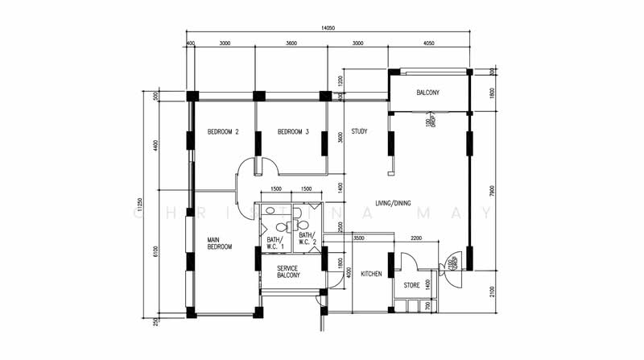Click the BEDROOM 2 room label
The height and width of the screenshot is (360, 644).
223,132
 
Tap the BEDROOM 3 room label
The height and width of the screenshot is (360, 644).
293,132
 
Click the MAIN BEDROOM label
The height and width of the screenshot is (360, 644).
219,243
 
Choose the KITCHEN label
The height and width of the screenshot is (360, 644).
371,275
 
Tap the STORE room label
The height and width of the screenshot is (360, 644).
411,284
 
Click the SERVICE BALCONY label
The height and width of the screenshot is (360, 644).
288,271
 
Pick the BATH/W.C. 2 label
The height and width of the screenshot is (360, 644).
307,238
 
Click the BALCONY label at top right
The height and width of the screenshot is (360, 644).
427,93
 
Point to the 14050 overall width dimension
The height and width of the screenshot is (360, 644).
328,28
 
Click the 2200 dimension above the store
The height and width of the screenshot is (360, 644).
416,238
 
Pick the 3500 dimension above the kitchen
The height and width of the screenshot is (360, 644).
359,238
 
